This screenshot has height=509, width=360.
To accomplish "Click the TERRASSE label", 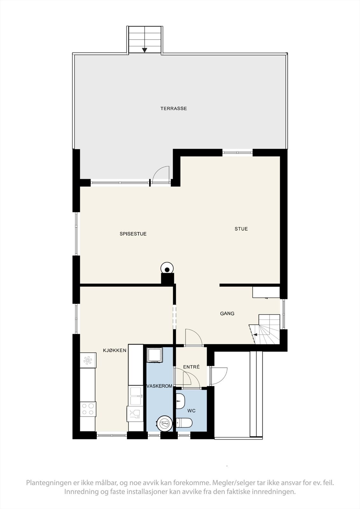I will (x=173, y=108).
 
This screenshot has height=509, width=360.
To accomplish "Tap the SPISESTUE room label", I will (x=133, y=234).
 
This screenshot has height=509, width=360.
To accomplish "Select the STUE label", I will (x=241, y=229).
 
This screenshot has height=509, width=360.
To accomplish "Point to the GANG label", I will (x=227, y=314).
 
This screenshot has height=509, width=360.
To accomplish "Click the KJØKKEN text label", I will (x=115, y=351).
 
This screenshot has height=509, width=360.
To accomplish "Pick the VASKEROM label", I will (x=159, y=386).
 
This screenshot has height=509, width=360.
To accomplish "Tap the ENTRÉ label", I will (x=192, y=367).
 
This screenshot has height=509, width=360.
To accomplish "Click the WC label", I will (x=191, y=411).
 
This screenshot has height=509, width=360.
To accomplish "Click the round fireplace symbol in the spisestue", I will (x=167, y=268).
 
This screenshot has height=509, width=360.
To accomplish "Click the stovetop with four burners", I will (x=88, y=409).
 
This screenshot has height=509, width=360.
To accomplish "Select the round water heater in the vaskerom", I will (x=165, y=423).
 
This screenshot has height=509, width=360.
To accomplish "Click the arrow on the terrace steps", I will (x=145, y=50).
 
